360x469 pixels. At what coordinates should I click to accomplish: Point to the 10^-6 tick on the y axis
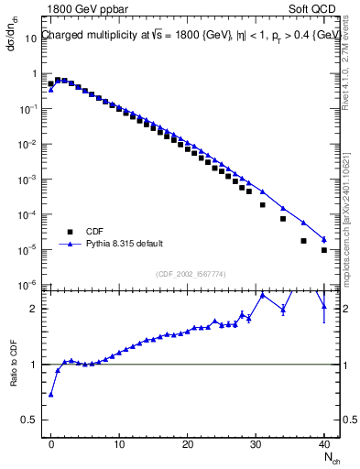pos(29,285)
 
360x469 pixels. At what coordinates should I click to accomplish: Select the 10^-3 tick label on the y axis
pos(29,180)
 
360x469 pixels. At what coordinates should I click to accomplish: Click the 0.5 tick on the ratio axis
pos(29,420)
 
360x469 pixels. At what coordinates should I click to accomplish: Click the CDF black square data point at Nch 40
pos(324,250)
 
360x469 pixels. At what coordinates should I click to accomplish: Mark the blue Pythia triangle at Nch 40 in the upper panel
pos(324,240)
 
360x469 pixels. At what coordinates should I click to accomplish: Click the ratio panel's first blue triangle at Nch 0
pos(51,395)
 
